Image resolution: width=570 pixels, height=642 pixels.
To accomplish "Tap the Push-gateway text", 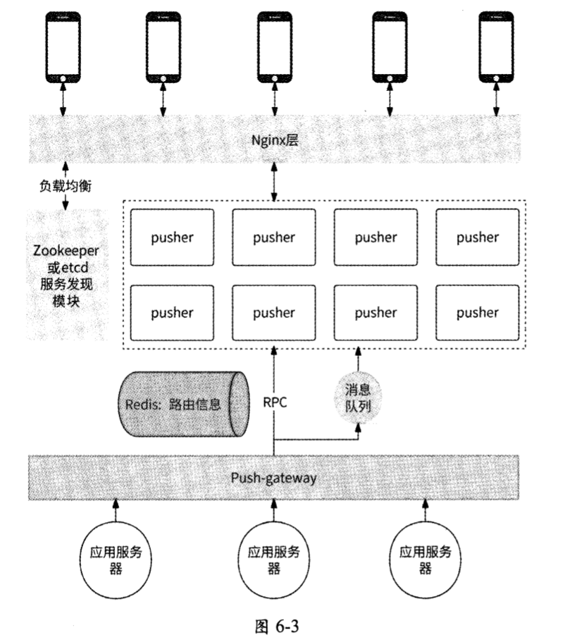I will coord(273,478).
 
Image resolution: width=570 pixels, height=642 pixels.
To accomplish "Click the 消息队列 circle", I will coord(357,399).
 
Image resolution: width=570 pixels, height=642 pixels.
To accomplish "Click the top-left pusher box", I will coord(172,237).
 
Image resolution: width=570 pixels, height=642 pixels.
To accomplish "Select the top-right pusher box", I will coord(477,237).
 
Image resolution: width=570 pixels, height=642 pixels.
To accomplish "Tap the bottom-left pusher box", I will coord(172,312).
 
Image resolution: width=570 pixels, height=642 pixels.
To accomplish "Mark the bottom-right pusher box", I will coord(477,312).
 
